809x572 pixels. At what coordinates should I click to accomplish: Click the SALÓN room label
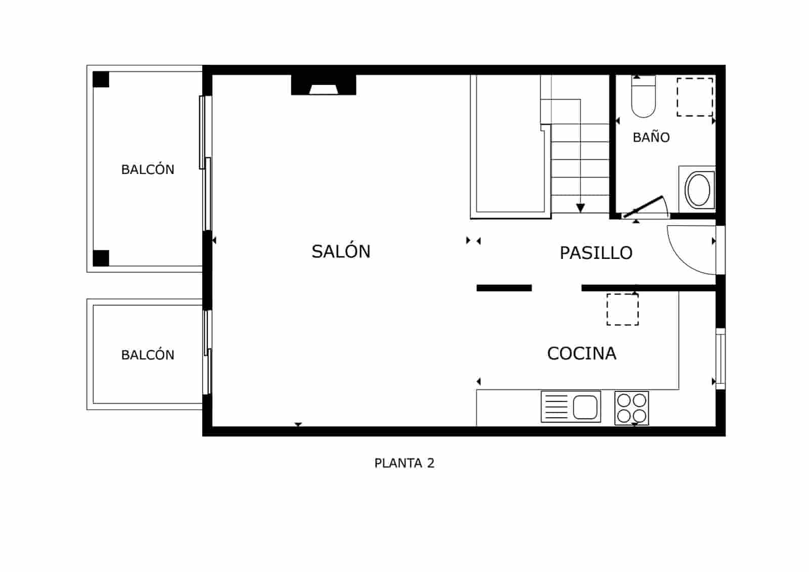pos(341,251)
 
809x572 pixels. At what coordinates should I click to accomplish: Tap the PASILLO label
pos(596,253)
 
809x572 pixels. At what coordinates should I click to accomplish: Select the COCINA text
pos(581,353)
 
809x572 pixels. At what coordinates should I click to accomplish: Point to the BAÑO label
pos(651,137)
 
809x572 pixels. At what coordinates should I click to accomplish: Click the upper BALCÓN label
pos(148,169)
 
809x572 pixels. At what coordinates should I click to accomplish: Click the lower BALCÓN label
pos(148,355)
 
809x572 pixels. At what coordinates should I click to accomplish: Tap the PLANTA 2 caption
pos(404,463)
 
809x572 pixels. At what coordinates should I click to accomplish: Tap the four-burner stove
pos(632,408)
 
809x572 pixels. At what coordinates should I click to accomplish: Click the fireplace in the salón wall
pos(324,85)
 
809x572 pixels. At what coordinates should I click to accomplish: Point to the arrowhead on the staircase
pos(580,208)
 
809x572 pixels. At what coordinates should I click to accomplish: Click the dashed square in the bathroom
pos(695,97)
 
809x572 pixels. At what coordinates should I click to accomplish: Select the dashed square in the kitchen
pos(622,309)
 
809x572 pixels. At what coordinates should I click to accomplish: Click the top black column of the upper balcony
pos(101,79)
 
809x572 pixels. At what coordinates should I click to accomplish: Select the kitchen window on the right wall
pos(721,359)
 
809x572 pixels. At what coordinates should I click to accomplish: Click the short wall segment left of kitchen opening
pos(504,288)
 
